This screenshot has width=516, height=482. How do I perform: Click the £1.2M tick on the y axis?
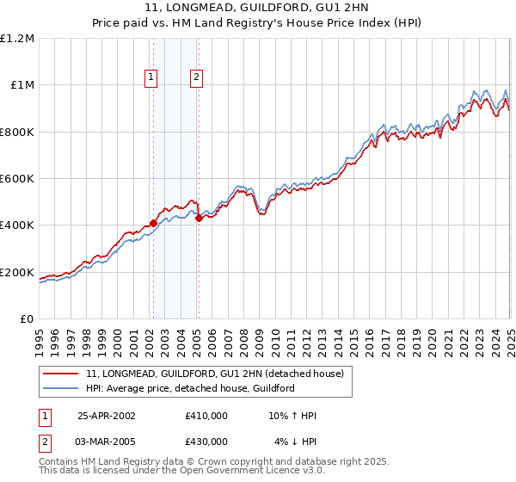pyautogui.click(x=17, y=38)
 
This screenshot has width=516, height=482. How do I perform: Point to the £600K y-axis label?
pyautogui.click(x=17, y=179)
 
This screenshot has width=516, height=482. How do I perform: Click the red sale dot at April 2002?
pyautogui.click(x=153, y=223)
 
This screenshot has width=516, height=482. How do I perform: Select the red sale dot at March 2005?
pyautogui.click(x=199, y=219)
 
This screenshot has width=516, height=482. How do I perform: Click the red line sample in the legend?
pyautogui.click(x=60, y=374)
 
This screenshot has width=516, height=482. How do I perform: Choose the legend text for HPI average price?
pyautogui.click(x=190, y=388)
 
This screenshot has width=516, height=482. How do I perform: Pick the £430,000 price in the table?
pyautogui.click(x=206, y=441)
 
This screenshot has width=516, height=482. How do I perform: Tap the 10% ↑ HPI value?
pyautogui.click(x=293, y=415)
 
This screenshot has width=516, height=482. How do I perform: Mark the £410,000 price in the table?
pyautogui.click(x=206, y=415)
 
